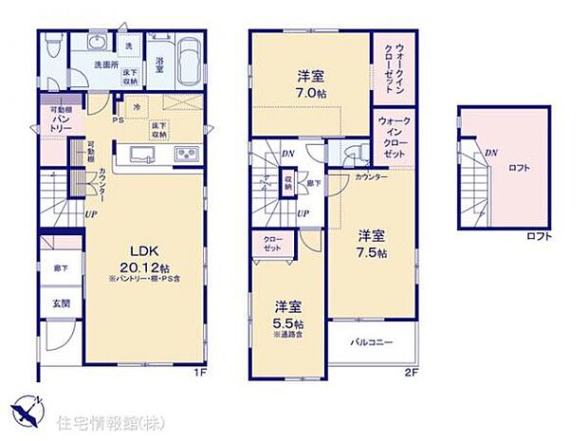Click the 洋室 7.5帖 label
pyautogui.click(x=372, y=245)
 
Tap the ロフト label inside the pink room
pyautogui.click(x=519, y=167)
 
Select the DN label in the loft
pyautogui.click(x=489, y=153)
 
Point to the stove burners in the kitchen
pyautogui.click(x=186, y=154)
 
